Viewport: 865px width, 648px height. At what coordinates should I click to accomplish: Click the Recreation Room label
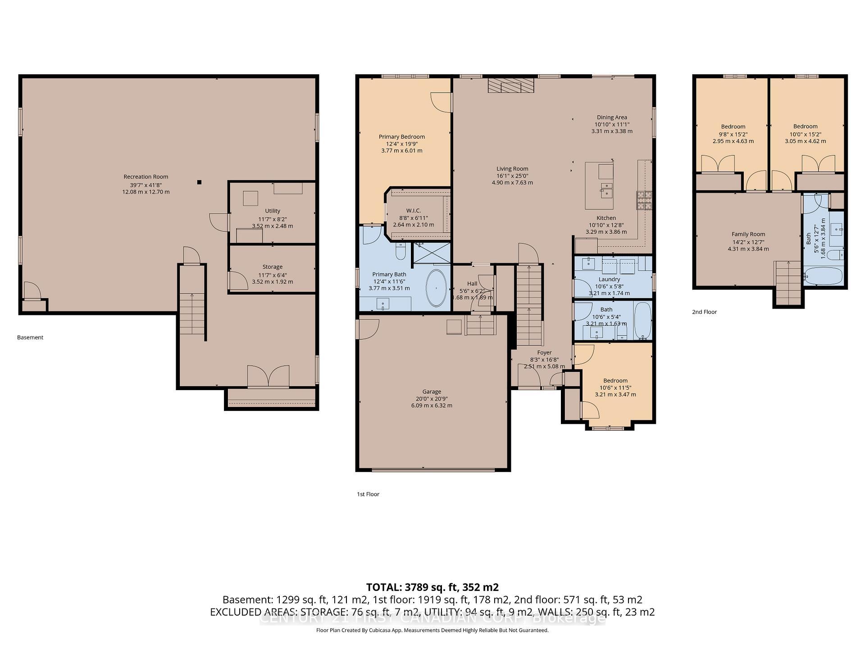pyautogui.click(x=146, y=177)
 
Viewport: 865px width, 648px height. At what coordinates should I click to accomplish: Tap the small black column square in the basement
pyautogui.click(x=199, y=182)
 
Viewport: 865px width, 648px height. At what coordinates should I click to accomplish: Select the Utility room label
pyautogui.click(x=272, y=211)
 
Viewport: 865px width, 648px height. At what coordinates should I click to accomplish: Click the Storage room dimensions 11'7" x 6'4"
pyautogui.click(x=272, y=274)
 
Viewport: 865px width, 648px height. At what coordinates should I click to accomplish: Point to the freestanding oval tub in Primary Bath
pyautogui.click(x=436, y=288)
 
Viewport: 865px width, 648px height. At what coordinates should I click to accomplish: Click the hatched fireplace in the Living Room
pyautogui.click(x=511, y=85)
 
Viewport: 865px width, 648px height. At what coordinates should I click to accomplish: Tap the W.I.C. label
pyautogui.click(x=413, y=211)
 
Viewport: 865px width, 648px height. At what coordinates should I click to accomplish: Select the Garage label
pyautogui.click(x=432, y=391)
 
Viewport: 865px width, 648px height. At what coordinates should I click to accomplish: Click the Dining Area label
pyautogui.click(x=612, y=117)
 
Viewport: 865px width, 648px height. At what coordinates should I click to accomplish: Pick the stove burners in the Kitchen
pyautogui.click(x=644, y=200)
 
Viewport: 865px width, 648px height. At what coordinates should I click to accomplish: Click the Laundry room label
pyautogui.click(x=609, y=279)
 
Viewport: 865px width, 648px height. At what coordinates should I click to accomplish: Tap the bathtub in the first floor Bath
pyautogui.click(x=643, y=320)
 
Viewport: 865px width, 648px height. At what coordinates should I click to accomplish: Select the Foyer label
pyautogui.click(x=544, y=353)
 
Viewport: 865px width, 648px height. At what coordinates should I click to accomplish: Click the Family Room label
pyautogui.click(x=748, y=234)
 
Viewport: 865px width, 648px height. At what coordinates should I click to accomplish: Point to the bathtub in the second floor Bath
pyautogui.click(x=823, y=276)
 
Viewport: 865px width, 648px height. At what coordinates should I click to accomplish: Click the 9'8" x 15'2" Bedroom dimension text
pyautogui.click(x=733, y=134)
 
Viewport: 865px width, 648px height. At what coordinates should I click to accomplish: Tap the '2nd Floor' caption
pyautogui.click(x=704, y=312)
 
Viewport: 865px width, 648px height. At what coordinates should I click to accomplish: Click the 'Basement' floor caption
pyautogui.click(x=30, y=337)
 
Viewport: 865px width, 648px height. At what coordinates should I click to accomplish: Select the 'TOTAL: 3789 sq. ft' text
pyautogui.click(x=432, y=587)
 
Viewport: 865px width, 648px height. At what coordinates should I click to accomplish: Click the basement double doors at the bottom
pyautogui.click(x=268, y=377)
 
